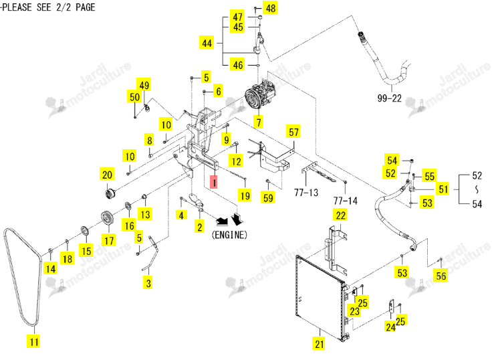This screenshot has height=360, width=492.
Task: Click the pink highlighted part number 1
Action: tap(214, 182)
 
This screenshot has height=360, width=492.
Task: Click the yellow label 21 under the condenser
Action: tap(320, 343)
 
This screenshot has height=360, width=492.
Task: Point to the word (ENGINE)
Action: tap(229, 235)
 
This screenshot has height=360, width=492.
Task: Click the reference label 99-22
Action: tap(390, 98)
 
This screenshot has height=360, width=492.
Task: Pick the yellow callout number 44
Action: tap(207, 42)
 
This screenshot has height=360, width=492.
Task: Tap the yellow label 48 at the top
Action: tap(271, 7)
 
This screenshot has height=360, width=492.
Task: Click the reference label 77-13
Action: tap(306, 192)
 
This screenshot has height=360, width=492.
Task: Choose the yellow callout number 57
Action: tap(293, 132)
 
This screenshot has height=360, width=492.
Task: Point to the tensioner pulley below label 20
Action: tap(110, 193)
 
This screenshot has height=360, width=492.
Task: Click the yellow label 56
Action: tap(441, 276)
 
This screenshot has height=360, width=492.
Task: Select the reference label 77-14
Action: tap(346, 201)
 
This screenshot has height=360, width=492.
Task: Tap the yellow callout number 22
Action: tap(340, 215)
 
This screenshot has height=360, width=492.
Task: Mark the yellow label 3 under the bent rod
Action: tap(148, 283)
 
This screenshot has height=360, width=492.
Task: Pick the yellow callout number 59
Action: tap(268, 197)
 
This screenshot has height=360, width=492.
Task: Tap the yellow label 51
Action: tap(443, 189)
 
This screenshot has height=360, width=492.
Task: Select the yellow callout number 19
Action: tap(245, 195)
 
